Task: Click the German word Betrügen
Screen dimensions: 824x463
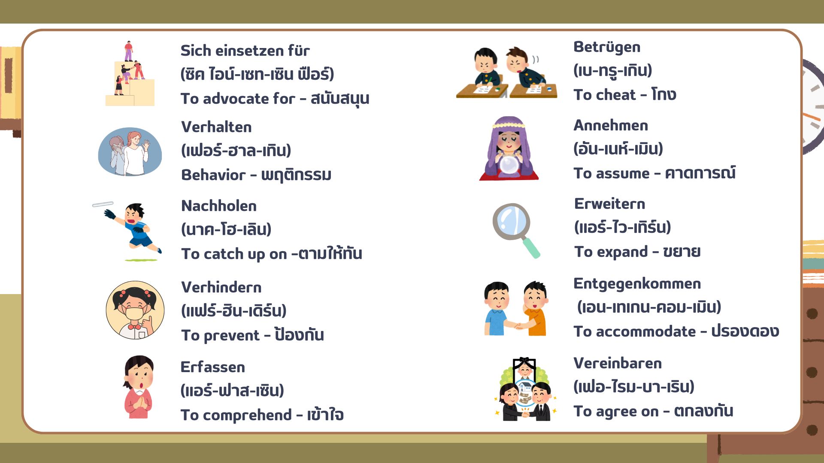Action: [607, 47]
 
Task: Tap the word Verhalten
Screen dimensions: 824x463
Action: [216, 127]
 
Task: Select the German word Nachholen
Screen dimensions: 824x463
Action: [219, 206]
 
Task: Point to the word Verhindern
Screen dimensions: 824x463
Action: [221, 287]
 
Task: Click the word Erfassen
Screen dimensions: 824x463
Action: [213, 367]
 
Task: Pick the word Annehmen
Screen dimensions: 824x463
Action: [611, 125]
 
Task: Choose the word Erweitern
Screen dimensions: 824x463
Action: [610, 204]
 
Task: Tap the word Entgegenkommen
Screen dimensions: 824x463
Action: [637, 283]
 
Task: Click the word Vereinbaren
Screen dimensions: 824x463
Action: [618, 363]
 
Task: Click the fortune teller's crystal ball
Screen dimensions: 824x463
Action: [509, 165]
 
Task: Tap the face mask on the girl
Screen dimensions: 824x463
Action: [135, 313]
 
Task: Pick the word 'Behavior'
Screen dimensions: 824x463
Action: [213, 175]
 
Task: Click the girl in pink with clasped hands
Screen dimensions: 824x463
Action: [138, 387]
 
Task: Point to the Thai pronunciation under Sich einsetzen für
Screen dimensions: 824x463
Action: [257, 74]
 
